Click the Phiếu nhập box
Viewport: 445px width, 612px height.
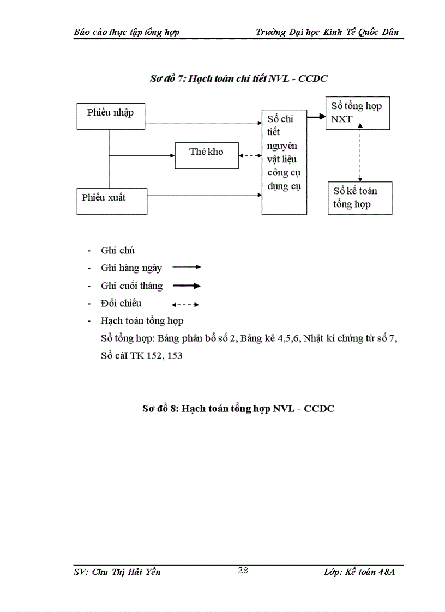111,116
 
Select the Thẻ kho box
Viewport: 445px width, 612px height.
206,155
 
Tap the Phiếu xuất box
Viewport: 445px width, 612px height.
111,201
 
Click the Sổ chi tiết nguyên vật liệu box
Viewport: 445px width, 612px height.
284,161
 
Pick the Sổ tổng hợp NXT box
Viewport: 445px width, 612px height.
357,113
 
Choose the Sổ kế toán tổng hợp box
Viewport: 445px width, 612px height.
359,198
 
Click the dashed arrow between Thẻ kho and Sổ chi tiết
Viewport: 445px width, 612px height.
250,156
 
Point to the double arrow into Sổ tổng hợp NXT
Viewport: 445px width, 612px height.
316,116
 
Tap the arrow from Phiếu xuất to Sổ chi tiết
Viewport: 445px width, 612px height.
205,195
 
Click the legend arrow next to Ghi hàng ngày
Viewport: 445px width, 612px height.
187,268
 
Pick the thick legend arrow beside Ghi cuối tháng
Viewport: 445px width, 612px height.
187,286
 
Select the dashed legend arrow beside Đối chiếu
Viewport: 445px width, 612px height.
185,305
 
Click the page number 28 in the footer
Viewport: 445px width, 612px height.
243,571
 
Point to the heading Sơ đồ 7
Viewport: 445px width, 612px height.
238,78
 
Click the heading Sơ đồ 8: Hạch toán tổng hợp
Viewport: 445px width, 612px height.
235,408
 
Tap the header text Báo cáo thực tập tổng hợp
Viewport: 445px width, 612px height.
127,32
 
